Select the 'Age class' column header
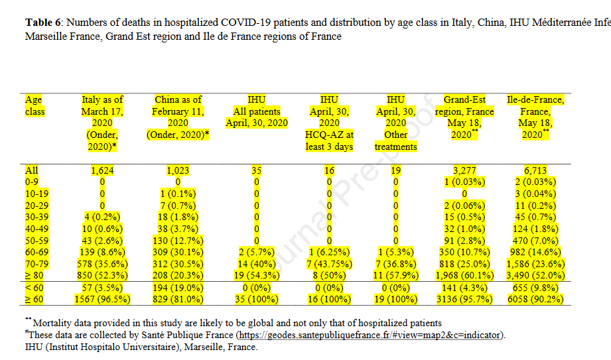[34, 105]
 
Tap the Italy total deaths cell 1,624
[103, 170]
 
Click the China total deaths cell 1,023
[178, 170]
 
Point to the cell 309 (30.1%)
[178, 253]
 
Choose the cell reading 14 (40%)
[256, 264]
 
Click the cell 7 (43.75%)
[328, 264]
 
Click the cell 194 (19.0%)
[178, 288]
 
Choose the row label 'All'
[31, 170]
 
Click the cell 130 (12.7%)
[178, 241]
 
